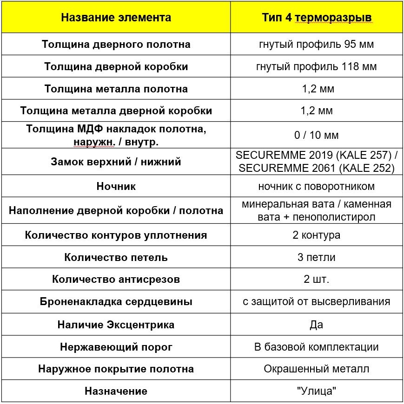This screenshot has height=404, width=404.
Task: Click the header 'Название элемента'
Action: click(x=116, y=18)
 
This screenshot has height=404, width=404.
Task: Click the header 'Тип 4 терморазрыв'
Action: click(x=316, y=18)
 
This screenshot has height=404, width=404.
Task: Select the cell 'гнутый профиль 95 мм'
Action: click(x=316, y=45)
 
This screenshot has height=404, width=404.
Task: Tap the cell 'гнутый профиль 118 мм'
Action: click(x=316, y=67)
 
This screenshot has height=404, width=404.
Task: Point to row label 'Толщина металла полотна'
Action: click(x=116, y=89)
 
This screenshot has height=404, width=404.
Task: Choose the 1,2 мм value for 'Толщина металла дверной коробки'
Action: click(x=316, y=111)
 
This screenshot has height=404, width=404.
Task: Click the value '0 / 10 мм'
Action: click(x=316, y=136)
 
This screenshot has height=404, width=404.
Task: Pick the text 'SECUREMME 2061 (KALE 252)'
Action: click(x=316, y=168)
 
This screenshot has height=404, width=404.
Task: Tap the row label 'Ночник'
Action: click(x=116, y=186)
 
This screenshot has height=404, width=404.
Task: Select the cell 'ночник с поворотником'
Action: click(x=316, y=186)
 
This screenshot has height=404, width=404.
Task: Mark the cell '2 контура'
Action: click(x=316, y=235)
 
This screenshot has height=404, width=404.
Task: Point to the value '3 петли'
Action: click(x=316, y=257)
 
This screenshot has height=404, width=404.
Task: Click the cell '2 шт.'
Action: click(x=316, y=280)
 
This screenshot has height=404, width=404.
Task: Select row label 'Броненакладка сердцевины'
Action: click(x=116, y=302)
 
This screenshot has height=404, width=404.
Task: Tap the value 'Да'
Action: click(x=316, y=325)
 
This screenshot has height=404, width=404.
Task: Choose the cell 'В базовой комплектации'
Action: click(x=316, y=347)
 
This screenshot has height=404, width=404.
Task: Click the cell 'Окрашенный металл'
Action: click(x=316, y=369)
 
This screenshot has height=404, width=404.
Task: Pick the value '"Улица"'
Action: click(x=316, y=391)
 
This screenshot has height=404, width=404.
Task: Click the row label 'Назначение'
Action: click(x=116, y=391)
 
